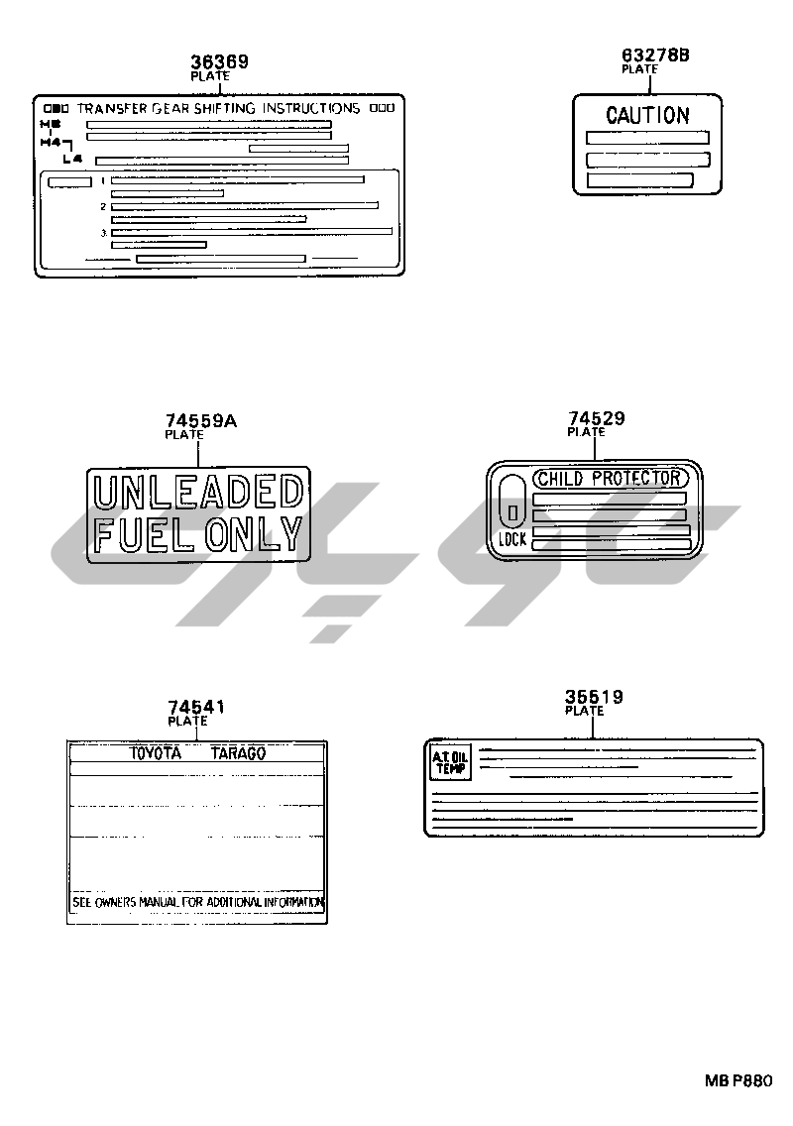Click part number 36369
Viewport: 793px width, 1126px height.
click(219, 61)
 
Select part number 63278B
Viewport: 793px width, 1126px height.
click(654, 56)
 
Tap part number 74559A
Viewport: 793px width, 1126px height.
click(201, 421)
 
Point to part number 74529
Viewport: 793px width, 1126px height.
click(596, 418)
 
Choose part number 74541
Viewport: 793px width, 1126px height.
click(196, 707)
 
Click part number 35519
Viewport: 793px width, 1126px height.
click(594, 697)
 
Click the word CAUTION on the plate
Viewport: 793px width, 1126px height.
click(647, 115)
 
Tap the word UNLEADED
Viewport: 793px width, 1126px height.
click(196, 492)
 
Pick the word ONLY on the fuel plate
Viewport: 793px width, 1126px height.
click(252, 534)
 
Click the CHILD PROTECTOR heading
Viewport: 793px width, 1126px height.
click(609, 478)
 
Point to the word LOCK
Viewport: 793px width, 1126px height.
click(512, 540)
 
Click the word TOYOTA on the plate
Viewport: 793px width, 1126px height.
click(157, 753)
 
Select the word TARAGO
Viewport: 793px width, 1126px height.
click(238, 753)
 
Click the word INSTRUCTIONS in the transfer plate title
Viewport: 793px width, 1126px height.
click(308, 108)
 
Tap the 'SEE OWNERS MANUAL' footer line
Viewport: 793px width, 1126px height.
click(197, 903)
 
